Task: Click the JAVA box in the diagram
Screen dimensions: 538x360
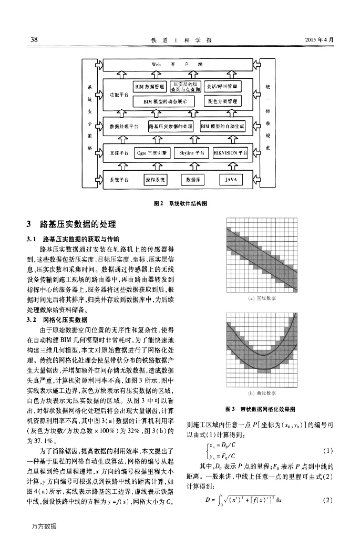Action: coord(231,179)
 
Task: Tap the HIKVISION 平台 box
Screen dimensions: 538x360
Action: coord(231,153)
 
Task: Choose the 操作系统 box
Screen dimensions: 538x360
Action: coord(155,179)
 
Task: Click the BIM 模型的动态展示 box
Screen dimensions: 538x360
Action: coord(163,100)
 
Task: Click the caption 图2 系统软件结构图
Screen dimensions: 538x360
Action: coord(180,202)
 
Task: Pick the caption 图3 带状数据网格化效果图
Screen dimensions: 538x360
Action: coord(260,408)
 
